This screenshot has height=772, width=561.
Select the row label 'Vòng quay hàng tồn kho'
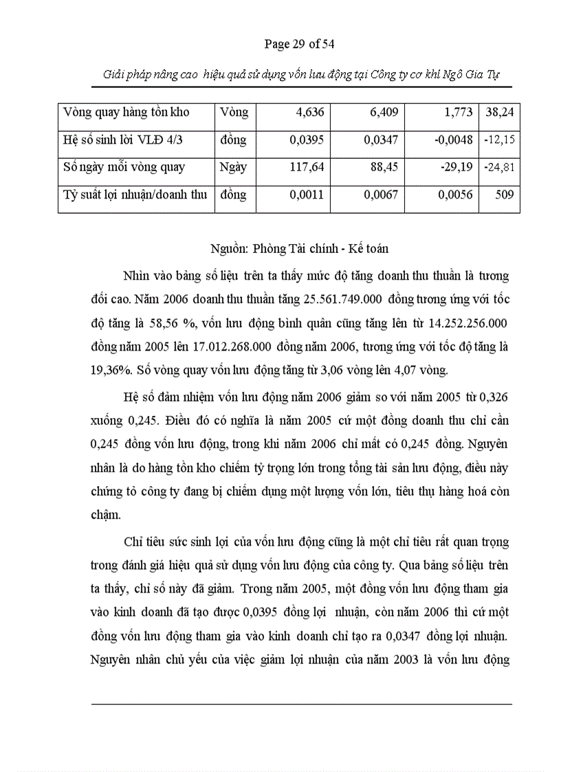point(126,112)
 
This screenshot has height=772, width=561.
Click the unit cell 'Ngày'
point(234,167)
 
